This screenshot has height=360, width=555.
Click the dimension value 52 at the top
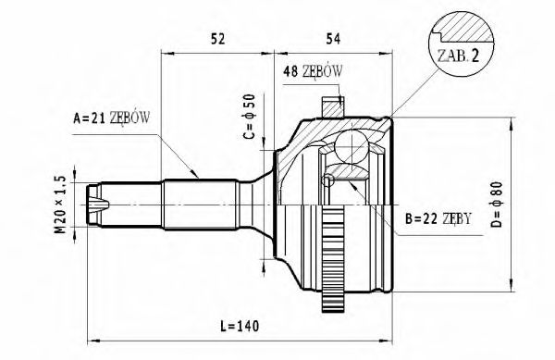[x=218, y=39]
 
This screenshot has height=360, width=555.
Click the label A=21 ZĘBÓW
[x=111, y=118]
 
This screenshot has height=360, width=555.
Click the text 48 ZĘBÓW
[x=314, y=71]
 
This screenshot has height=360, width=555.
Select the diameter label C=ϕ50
[x=248, y=118]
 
